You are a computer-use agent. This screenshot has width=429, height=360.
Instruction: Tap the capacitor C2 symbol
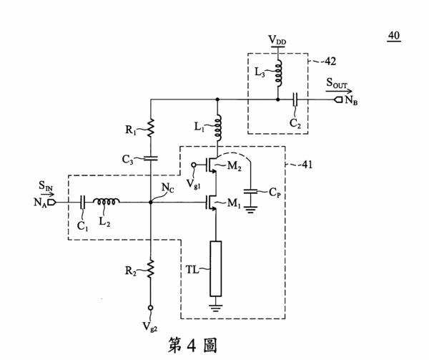click(x=295, y=99)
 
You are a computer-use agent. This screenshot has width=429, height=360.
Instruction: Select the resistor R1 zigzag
click(x=150, y=128)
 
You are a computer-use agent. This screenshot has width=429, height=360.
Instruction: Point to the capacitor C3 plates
click(x=150, y=158)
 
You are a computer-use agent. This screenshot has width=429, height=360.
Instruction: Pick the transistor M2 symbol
click(x=212, y=165)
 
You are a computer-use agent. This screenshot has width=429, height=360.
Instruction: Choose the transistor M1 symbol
click(x=212, y=203)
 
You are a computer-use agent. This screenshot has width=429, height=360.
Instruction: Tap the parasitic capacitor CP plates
click(x=251, y=191)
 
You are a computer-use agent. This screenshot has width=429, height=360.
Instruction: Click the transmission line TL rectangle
click(x=216, y=268)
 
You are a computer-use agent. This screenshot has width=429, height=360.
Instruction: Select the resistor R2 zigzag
click(x=150, y=269)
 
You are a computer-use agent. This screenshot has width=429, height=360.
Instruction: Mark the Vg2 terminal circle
click(x=150, y=308)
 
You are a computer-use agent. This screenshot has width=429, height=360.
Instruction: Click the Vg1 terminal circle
click(x=194, y=165)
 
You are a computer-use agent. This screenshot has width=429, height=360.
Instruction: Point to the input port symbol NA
click(x=51, y=203)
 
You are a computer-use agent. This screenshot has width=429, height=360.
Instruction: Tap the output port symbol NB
click(x=338, y=99)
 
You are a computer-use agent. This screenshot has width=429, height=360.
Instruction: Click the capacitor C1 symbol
click(x=83, y=203)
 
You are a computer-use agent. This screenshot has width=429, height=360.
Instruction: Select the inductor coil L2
click(x=106, y=202)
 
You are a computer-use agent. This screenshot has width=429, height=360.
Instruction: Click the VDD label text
click(x=277, y=40)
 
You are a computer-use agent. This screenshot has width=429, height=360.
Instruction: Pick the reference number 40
click(x=394, y=36)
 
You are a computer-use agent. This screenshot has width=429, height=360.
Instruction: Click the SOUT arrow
click(x=339, y=92)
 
